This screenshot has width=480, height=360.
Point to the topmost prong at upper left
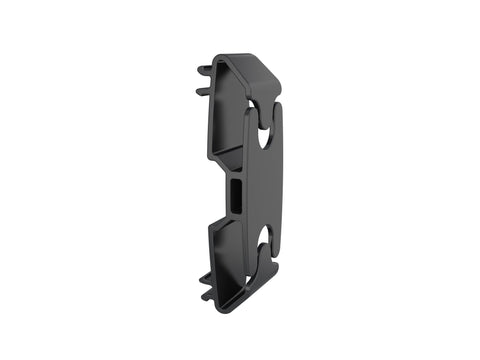(205, 70)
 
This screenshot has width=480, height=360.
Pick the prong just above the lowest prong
(205, 275)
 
